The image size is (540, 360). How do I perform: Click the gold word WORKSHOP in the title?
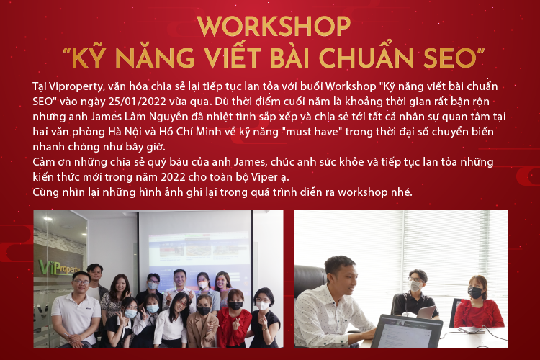coord(274,26)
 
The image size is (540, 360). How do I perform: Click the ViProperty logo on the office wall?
coord(59,268)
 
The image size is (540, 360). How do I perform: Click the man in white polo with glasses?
coord(76,310)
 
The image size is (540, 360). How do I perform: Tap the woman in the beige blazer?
coord(202,322)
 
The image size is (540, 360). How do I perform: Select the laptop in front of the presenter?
coord(406,331)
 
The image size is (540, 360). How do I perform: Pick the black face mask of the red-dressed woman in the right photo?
coord(475,292)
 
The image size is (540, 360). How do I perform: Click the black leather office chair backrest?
coord(310,279)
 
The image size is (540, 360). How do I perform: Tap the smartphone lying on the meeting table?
coord(471,330)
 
